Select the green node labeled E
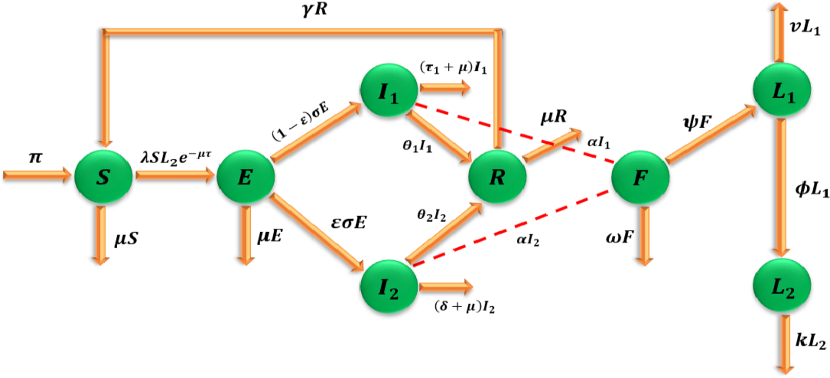click(x=245, y=176)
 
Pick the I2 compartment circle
click(x=389, y=288)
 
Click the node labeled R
click(x=498, y=176)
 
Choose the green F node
click(x=640, y=176)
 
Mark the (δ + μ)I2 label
click(x=465, y=307)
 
